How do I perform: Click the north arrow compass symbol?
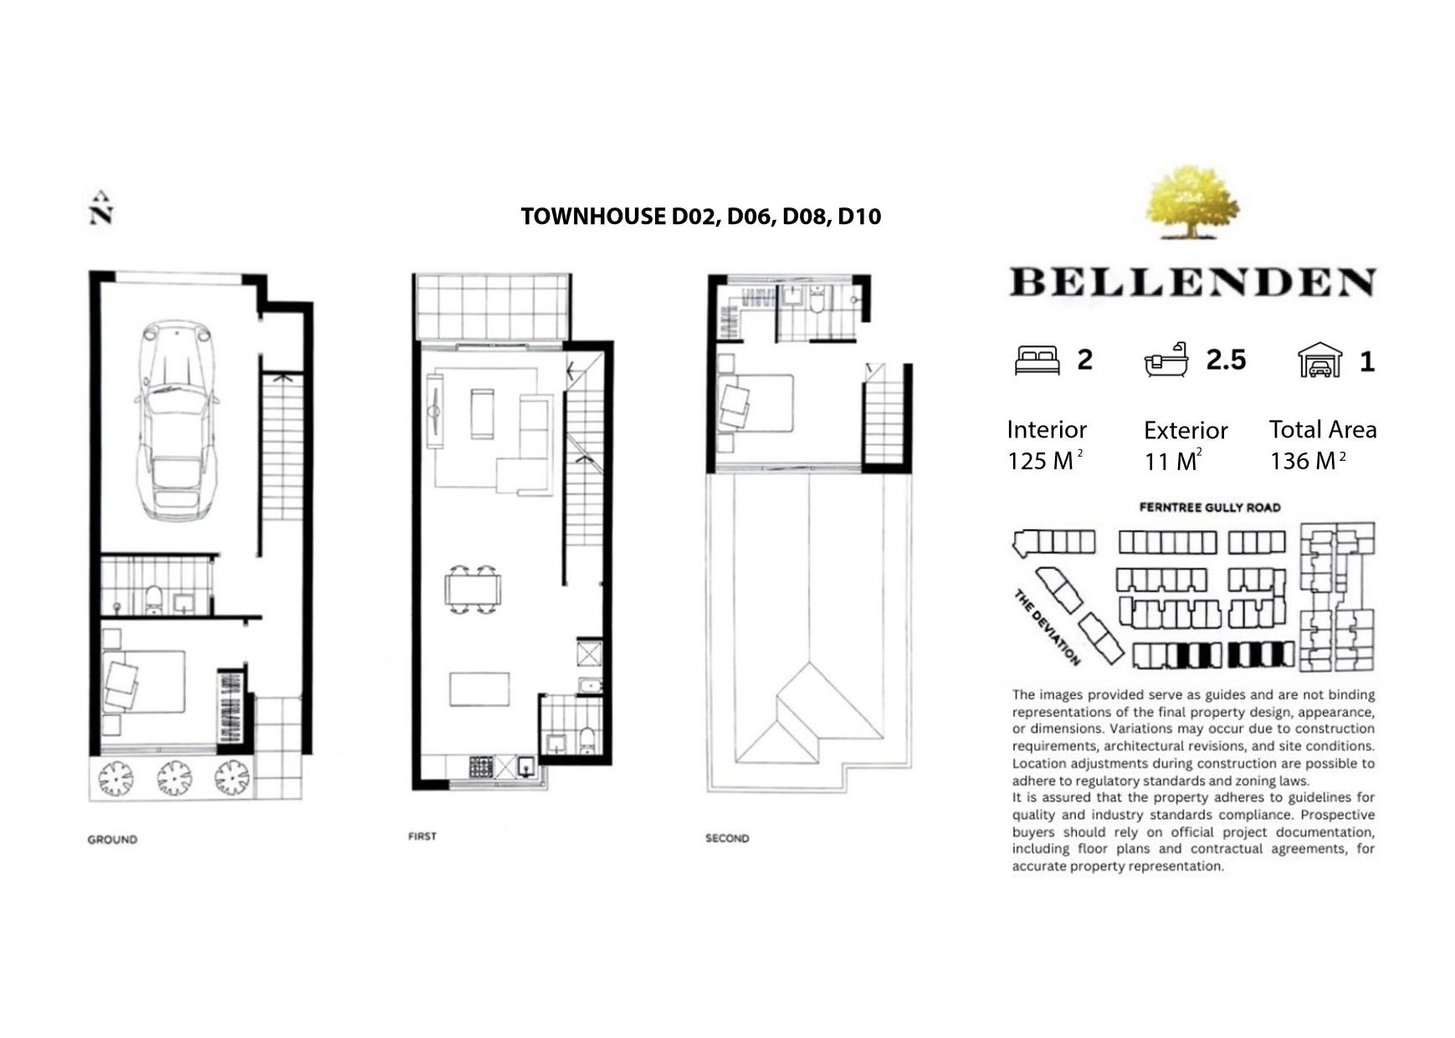click(101, 207)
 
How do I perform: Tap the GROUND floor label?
click(112, 839)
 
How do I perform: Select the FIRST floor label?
click(423, 836)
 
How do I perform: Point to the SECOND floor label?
click(727, 838)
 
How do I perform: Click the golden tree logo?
click(1191, 202)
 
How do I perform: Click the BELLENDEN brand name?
click(1193, 283)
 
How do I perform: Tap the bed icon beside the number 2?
click(1037, 360)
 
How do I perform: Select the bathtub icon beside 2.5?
click(1166, 360)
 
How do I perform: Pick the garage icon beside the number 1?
click(1319, 360)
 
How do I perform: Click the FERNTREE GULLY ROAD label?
click(1210, 507)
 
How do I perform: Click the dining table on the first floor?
click(473, 590)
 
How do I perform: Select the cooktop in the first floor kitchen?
click(481, 767)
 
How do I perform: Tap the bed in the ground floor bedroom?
click(143, 682)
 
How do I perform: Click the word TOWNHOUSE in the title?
click(593, 217)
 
